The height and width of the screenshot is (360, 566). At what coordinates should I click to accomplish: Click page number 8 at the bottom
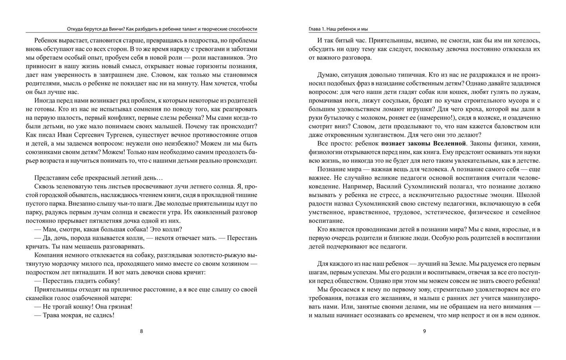[x=141, y=331]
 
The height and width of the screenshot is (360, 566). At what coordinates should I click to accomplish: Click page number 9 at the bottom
[x=424, y=331]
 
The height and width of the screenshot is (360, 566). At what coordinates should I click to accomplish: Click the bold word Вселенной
[x=447, y=143]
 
